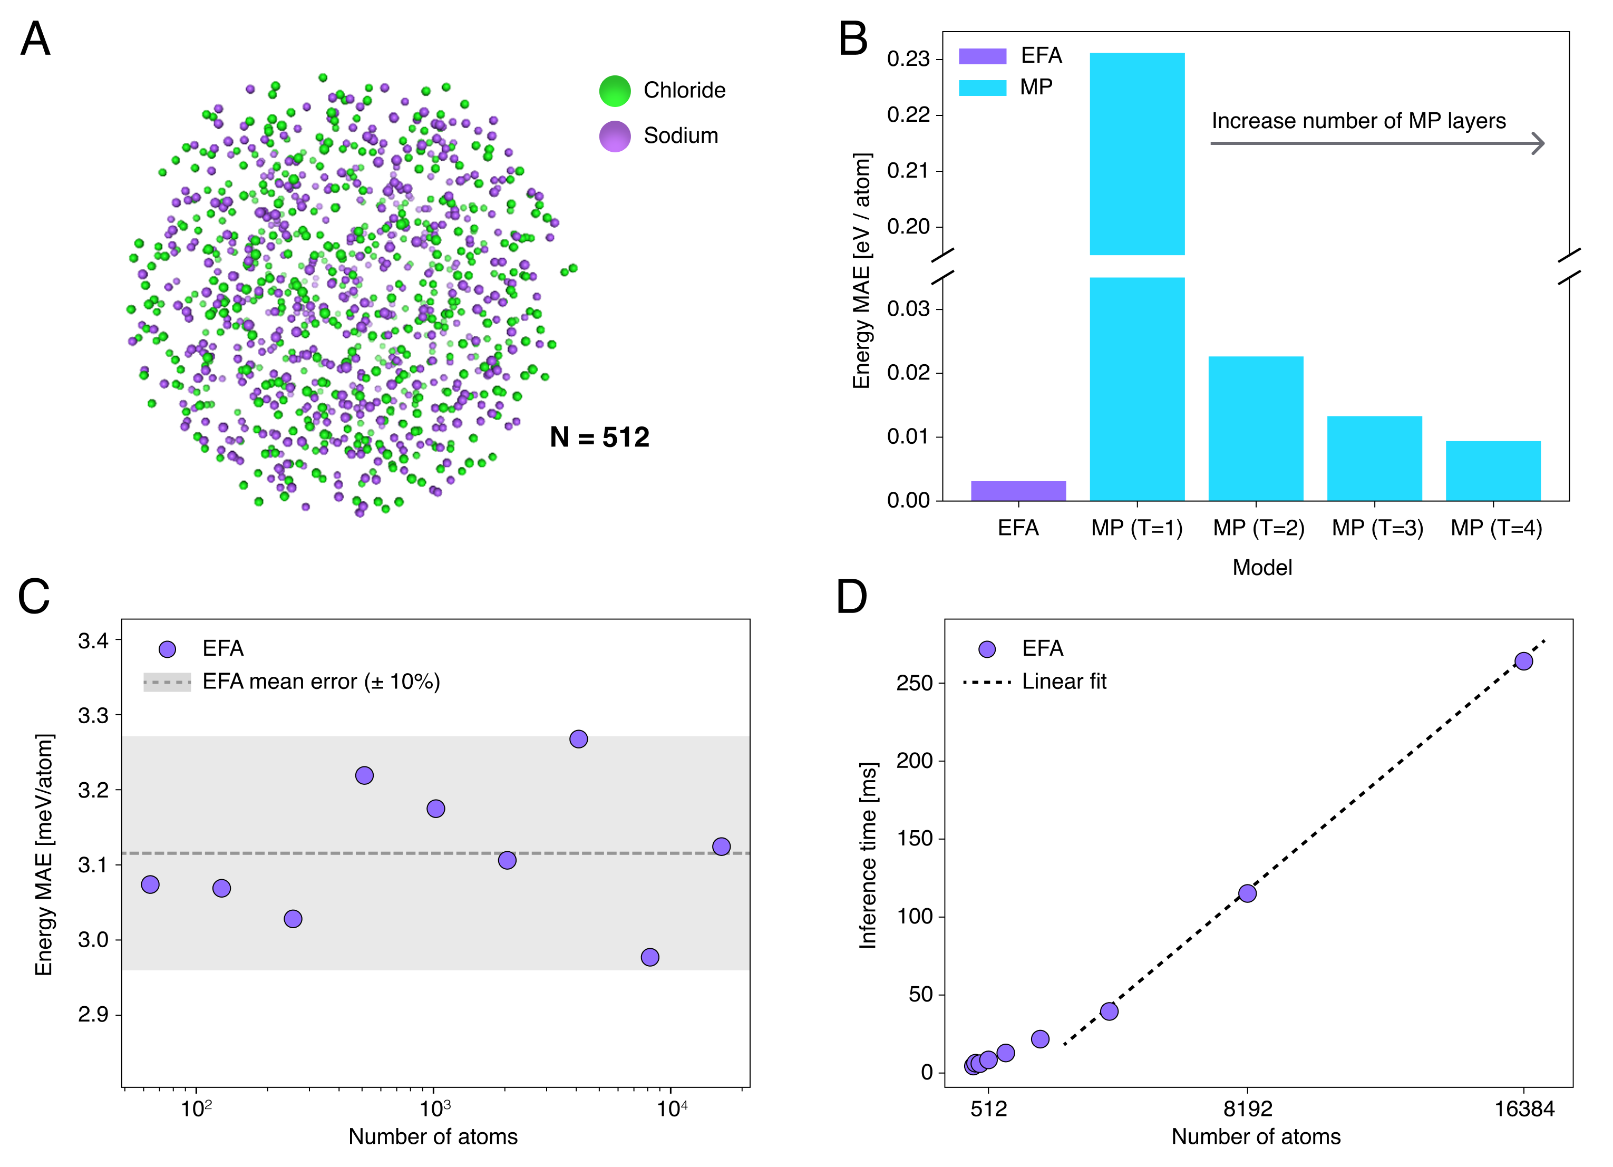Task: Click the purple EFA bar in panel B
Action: click(1018, 491)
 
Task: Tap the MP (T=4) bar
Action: click(1493, 470)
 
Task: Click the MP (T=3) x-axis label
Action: click(1377, 528)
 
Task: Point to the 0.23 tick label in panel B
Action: click(908, 59)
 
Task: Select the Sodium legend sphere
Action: click(615, 136)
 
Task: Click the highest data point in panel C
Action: click(579, 740)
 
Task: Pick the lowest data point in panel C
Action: click(650, 958)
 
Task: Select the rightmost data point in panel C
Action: click(721, 847)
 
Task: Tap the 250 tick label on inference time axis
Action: click(914, 684)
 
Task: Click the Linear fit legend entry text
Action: click(1064, 682)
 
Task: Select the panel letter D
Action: click(851, 597)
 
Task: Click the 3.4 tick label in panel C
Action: click(93, 641)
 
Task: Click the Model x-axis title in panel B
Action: click(1262, 568)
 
